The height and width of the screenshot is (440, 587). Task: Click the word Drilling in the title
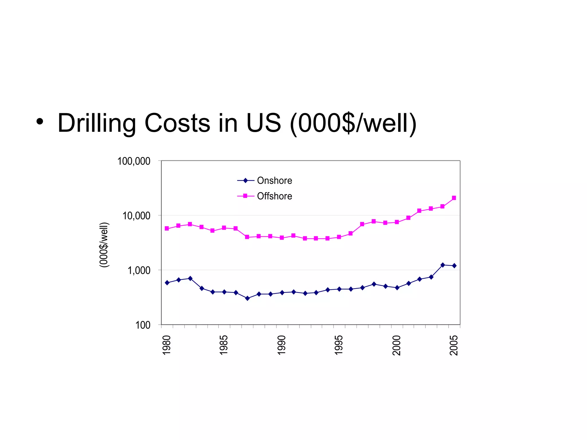click(97, 123)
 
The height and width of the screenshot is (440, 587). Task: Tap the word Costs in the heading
click(177, 123)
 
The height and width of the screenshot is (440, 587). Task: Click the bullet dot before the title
click(40, 121)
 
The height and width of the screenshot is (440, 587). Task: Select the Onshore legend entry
click(274, 180)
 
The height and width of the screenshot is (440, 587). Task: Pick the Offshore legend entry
click(274, 196)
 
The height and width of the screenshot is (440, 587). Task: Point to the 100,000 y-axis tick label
click(134, 161)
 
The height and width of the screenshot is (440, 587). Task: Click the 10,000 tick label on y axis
click(136, 216)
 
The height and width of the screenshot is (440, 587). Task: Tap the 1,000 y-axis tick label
click(139, 270)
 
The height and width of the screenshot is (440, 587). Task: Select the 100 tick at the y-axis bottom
click(143, 325)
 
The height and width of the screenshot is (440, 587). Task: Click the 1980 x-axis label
click(167, 345)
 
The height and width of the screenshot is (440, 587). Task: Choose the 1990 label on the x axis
click(282, 345)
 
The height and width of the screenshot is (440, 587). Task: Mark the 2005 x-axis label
click(454, 345)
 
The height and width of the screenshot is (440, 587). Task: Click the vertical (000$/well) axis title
click(104, 245)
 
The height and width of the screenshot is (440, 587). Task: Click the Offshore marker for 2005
click(454, 198)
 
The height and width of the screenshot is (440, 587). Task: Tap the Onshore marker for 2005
click(454, 266)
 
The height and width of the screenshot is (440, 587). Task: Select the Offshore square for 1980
click(167, 229)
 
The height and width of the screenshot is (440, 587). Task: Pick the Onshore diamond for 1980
click(167, 283)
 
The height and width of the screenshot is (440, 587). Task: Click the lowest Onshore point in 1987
click(248, 298)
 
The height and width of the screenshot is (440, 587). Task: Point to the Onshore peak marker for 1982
click(190, 278)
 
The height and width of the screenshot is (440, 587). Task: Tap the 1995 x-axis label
click(339, 345)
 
